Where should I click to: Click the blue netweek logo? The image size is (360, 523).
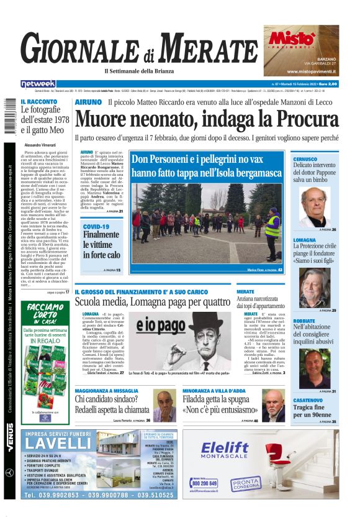(38, 83)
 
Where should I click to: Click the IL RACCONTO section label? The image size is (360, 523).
(39, 102)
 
